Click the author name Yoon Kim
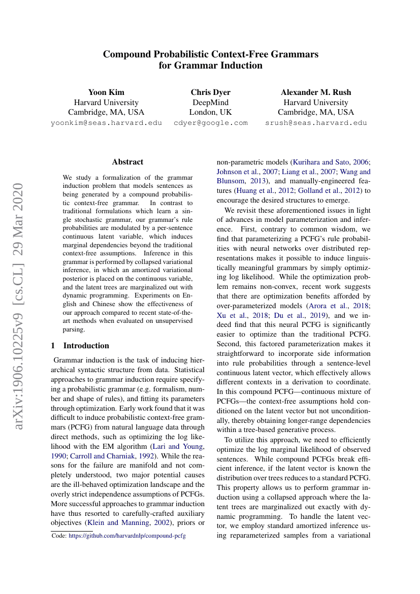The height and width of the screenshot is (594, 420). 106,92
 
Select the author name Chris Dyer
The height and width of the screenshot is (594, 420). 210,92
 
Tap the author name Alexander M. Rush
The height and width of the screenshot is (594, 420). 316,92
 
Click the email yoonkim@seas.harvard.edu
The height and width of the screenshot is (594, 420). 106,123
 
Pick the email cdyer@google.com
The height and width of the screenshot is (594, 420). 210,123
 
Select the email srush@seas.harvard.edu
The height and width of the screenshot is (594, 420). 316,123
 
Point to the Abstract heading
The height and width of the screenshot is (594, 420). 127,162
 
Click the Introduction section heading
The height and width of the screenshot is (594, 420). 86,346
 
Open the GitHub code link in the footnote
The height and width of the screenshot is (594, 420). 127,536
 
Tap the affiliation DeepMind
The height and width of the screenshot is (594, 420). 210,103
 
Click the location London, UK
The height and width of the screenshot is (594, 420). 210,113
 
